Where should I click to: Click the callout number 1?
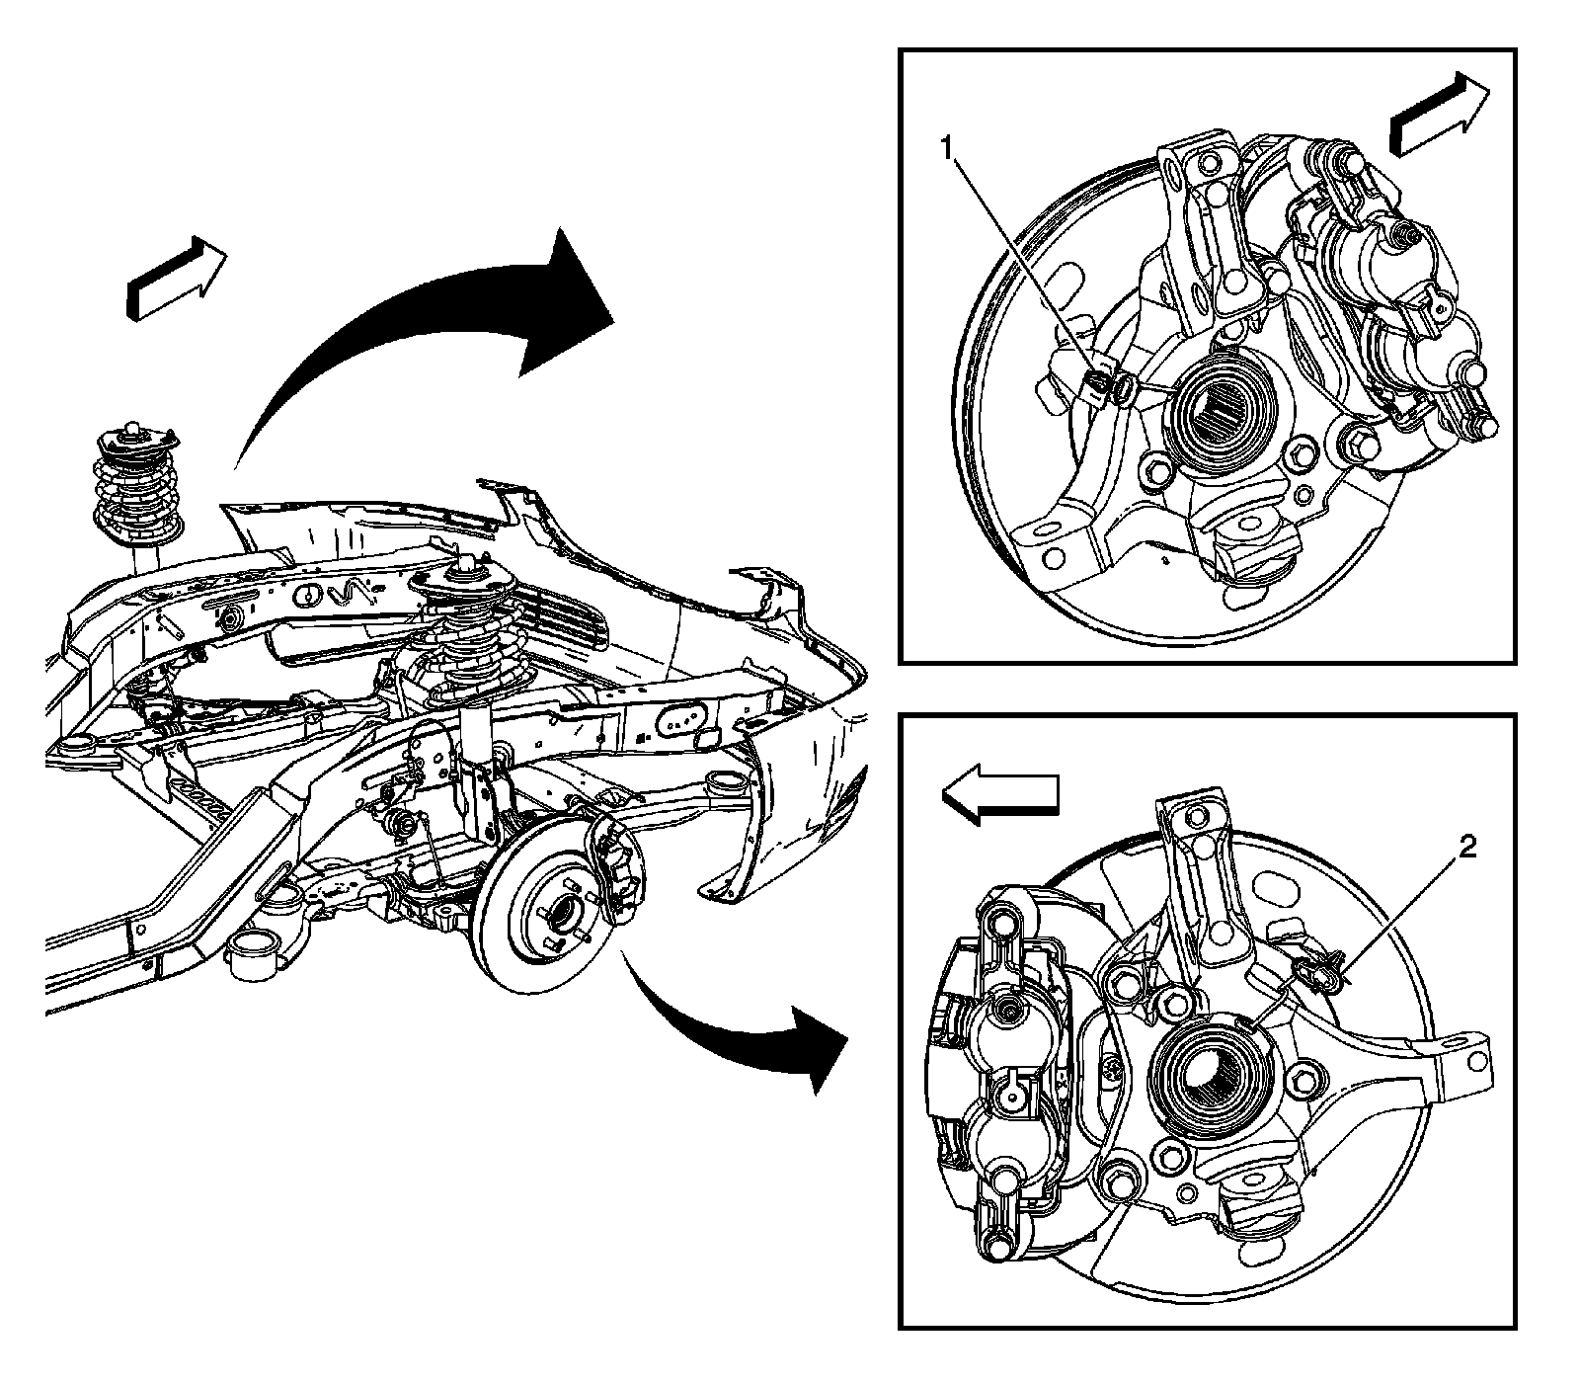[x=947, y=149]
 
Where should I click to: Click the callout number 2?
[x=1467, y=848]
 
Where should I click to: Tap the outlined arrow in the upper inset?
[x=1437, y=118]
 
